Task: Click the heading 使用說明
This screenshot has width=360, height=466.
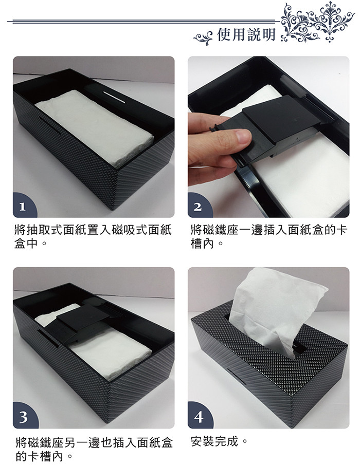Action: click(x=246, y=34)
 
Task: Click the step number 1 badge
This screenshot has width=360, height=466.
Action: click(x=23, y=206)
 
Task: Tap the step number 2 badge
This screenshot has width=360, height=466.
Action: click(x=198, y=206)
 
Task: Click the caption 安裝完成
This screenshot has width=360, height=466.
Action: click(x=215, y=441)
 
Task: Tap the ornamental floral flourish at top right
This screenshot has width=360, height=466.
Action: click(x=317, y=22)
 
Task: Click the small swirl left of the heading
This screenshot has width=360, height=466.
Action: click(x=204, y=37)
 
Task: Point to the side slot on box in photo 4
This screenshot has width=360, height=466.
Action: click(x=237, y=376)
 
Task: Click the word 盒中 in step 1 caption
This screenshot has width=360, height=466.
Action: click(x=27, y=244)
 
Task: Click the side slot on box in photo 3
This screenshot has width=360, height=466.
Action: click(x=49, y=339)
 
